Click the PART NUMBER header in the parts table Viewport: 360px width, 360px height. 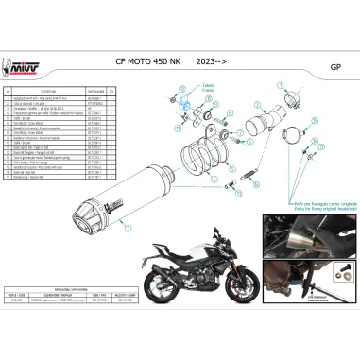pyautogui.click(x=94, y=92)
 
